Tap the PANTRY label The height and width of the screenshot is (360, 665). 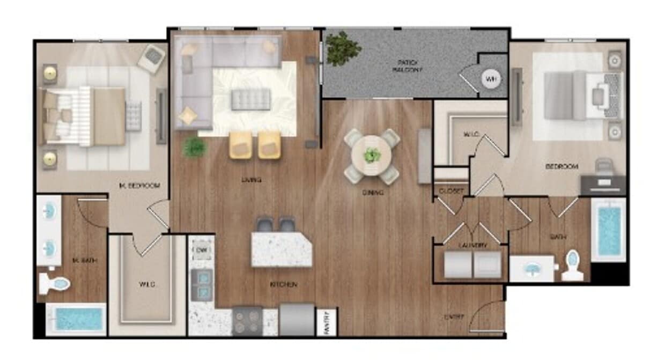pos(327,322)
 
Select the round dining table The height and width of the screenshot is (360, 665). pos(372,156)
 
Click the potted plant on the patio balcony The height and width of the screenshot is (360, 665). pos(342,49)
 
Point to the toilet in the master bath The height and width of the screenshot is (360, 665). pos(54,283)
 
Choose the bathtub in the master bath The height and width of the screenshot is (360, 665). pos(76,319)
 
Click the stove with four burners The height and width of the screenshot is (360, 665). pos(247,320)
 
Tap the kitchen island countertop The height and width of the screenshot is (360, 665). pos(282,249)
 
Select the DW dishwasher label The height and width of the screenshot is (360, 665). pos(202,249)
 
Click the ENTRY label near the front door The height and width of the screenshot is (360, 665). pos(454,317)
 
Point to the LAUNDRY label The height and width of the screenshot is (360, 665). pos(473,245)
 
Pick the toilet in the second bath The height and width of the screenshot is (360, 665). pos(573,266)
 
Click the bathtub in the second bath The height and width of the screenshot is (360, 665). pos(609,230)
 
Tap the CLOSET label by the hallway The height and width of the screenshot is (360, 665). pos(450,191)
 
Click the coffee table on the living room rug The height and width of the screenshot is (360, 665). pos(250,99)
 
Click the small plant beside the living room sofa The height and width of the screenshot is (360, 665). pos(195,146)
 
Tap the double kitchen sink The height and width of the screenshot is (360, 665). pos(202,285)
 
